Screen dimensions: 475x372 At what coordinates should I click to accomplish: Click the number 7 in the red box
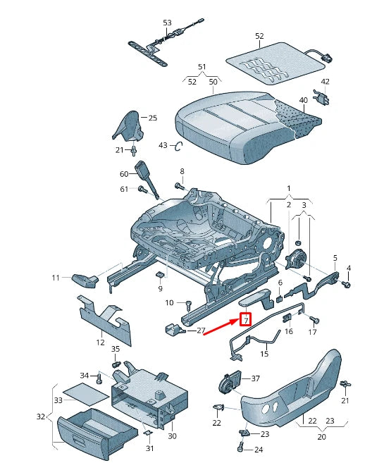coord(246,320)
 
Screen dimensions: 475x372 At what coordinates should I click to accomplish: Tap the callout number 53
coord(167,23)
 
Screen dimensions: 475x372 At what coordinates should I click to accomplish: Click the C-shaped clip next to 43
coord(179,146)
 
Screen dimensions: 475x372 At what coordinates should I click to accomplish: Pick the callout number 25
coord(153,118)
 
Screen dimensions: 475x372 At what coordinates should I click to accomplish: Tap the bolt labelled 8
coord(178,187)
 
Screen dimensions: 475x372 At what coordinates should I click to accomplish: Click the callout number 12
coord(100,343)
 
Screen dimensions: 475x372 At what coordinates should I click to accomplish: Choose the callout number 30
coord(171,437)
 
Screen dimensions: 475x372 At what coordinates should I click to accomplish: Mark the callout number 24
coord(258,450)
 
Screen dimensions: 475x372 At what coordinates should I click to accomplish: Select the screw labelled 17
coord(313,321)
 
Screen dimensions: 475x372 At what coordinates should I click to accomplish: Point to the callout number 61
coord(124,189)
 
